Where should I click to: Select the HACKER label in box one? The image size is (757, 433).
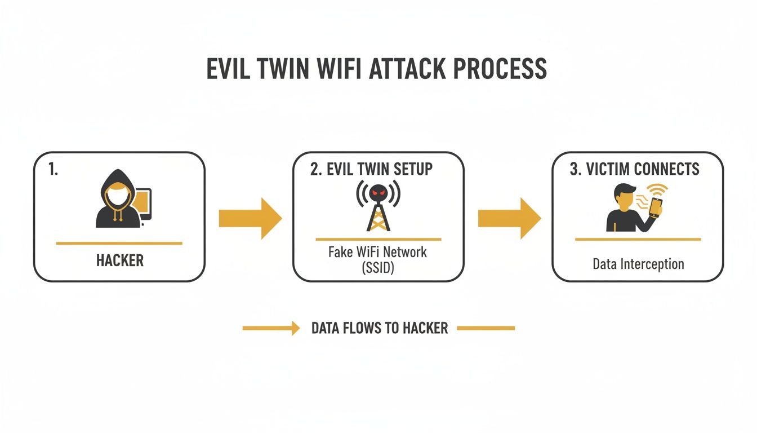click(119, 260)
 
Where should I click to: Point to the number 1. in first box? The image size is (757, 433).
click(53, 170)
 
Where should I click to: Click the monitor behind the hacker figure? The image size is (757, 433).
click(144, 204)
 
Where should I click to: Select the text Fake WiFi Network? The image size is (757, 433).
click(377, 251)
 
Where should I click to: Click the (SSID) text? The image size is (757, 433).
click(377, 268)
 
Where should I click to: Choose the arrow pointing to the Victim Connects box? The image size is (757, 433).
click(509, 219)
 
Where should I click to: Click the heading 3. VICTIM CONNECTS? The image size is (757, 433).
click(634, 169)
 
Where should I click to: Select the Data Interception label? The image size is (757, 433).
click(638, 263)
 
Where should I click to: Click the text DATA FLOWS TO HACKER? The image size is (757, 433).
click(379, 328)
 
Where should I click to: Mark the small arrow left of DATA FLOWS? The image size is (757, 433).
click(271, 328)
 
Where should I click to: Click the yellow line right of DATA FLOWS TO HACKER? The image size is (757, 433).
click(486, 328)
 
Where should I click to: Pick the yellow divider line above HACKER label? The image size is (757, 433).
click(119, 243)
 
